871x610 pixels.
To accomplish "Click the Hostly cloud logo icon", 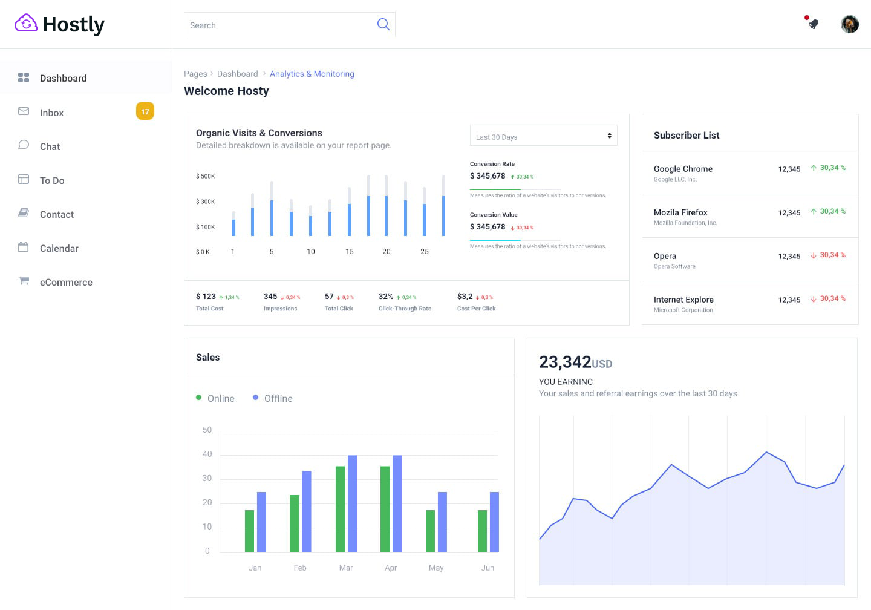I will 26,24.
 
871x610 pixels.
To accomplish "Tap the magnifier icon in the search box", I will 383,24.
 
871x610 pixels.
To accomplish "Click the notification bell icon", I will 813,24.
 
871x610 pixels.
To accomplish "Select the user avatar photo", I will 849,24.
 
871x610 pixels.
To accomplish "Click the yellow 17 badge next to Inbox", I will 145,111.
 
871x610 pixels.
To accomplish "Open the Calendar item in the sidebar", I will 59,248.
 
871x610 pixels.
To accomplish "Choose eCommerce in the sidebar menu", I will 66,282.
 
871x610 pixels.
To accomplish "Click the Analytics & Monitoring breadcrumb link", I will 312,74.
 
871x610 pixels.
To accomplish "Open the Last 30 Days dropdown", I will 543,136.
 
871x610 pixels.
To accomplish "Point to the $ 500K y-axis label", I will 205,176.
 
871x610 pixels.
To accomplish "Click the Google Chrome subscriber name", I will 683,169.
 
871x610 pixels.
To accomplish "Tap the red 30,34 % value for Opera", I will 832,255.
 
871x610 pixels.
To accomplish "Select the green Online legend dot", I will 198,398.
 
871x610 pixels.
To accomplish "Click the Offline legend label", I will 278,398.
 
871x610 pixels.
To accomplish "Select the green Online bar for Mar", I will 340,508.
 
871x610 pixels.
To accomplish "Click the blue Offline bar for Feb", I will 307,511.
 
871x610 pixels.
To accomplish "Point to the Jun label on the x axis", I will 488,568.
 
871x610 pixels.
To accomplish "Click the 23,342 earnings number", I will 564,362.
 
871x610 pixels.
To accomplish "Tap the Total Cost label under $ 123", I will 209,309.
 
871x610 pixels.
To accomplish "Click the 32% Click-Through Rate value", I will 385,297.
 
